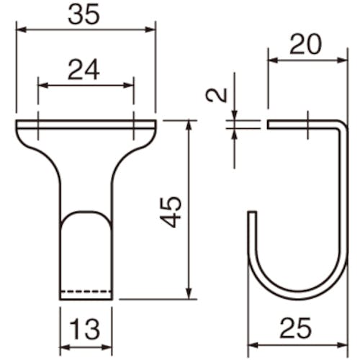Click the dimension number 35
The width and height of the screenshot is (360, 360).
click(x=84, y=14)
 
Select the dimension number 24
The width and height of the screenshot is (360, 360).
click(x=84, y=70)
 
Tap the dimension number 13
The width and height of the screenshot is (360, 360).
click(x=86, y=329)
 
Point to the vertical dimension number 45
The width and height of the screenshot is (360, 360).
click(x=171, y=212)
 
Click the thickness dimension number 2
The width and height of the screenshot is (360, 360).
click(x=217, y=95)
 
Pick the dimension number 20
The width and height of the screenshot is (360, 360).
click(x=305, y=45)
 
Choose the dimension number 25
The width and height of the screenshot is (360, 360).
click(x=296, y=328)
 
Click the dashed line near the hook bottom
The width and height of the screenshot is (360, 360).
click(x=86, y=292)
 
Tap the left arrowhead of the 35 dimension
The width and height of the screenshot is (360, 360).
click(x=21, y=30)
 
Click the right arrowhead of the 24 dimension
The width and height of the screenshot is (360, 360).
click(x=128, y=85)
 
